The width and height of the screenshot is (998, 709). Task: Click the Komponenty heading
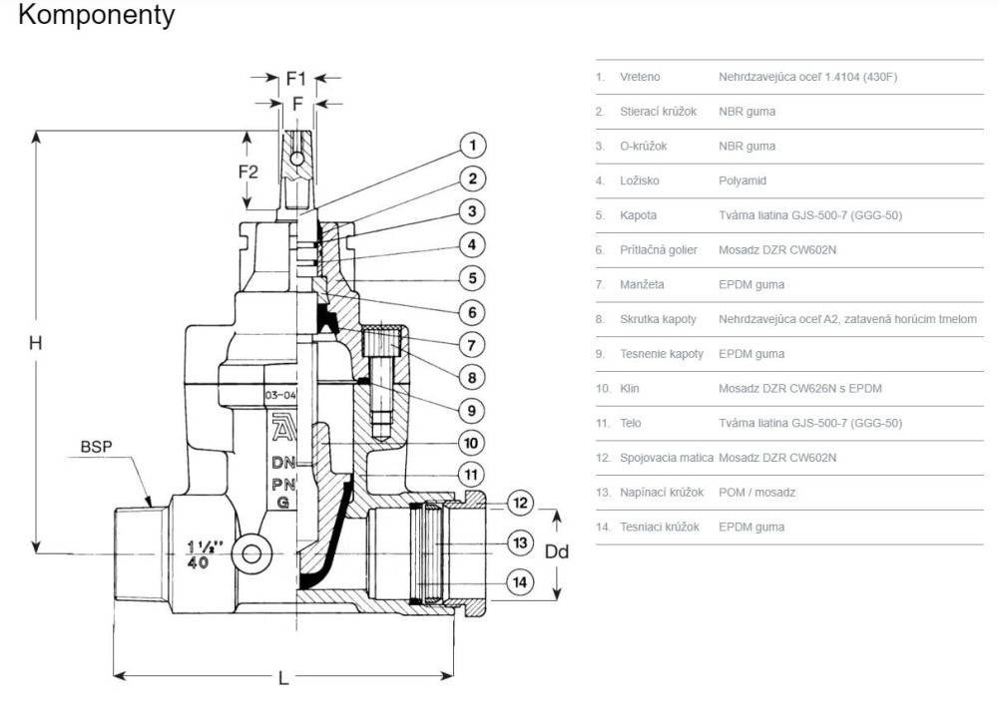[96, 16]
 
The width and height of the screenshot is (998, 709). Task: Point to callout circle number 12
[519, 502]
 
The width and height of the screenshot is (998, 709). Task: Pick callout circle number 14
[519, 581]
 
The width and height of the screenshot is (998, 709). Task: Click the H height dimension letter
[35, 342]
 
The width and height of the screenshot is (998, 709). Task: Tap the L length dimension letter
[283, 678]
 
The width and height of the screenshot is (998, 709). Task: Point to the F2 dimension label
[248, 172]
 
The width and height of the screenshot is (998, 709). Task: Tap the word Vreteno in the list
[640, 77]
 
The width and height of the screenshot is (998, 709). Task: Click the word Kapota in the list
[639, 215]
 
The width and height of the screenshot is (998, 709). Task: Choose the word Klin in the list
[630, 388]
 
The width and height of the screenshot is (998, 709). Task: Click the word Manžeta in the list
[642, 284]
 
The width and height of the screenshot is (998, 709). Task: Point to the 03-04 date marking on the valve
[279, 396]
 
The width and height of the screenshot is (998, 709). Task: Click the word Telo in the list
[631, 423]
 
